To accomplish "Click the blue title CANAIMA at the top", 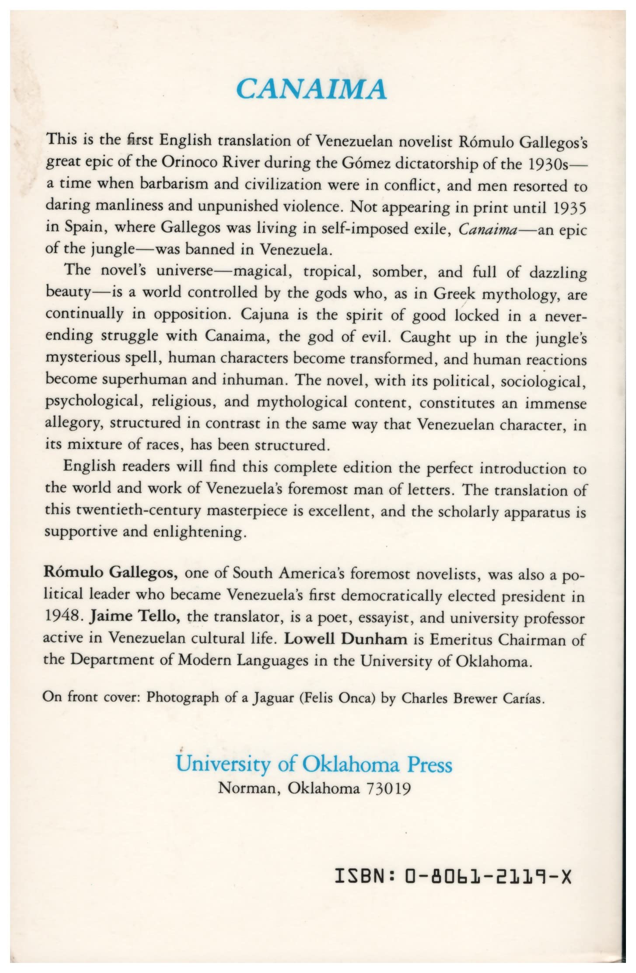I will (311, 89).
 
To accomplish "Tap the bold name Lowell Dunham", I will (346, 639).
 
